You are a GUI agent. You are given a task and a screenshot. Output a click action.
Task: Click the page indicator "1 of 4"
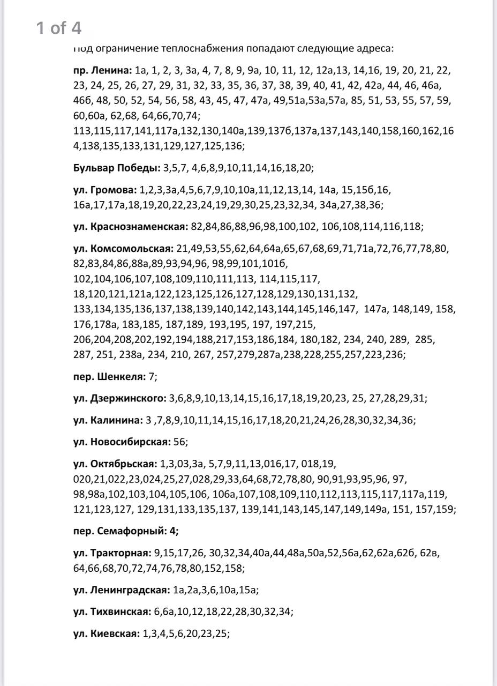click(59, 28)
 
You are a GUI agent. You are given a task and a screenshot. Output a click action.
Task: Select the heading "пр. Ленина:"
click(102, 70)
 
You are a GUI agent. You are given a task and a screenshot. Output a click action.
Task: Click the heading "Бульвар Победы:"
click(117, 168)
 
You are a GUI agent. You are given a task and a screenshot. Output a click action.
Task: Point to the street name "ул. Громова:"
click(105, 190)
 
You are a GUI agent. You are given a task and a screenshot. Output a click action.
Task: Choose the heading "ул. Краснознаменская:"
click(131, 227)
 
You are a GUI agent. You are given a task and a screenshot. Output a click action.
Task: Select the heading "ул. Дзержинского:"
click(120, 398)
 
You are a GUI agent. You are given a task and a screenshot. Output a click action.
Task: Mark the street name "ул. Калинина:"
click(108, 420)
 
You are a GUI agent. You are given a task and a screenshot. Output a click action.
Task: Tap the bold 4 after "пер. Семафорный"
click(174, 531)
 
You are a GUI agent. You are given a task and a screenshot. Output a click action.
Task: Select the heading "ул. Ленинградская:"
click(122, 590)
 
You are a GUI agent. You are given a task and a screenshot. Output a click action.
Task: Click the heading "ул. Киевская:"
click(107, 633)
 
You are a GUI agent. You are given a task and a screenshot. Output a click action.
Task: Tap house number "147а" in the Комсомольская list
click(375, 309)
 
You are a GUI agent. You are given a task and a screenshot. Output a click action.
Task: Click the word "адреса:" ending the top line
click(376, 49)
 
